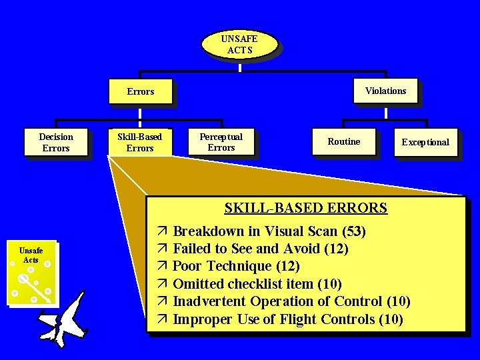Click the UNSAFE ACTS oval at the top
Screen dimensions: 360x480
(239, 44)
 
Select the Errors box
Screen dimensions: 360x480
(140, 91)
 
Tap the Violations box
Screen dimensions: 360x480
(385, 91)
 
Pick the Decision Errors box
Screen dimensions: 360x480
(56, 142)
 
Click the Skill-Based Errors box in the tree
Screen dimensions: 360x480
(139, 142)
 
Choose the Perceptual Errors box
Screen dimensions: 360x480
(221, 141)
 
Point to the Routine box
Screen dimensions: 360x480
(343, 141)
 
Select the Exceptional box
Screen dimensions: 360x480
(425, 142)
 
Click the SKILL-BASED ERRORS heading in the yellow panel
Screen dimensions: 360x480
(305, 208)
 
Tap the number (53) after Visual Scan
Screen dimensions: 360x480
(353, 232)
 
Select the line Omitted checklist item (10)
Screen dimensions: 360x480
(257, 284)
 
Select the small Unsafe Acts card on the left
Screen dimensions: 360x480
(31, 273)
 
